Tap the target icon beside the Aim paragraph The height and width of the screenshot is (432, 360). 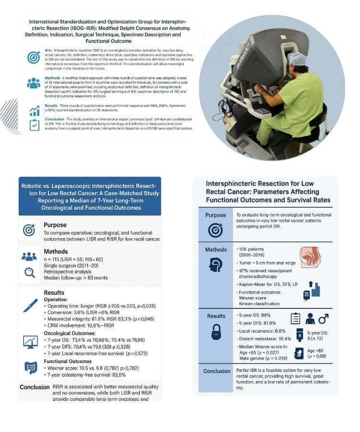(34, 57)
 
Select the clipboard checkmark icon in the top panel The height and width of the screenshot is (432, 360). (34, 124)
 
